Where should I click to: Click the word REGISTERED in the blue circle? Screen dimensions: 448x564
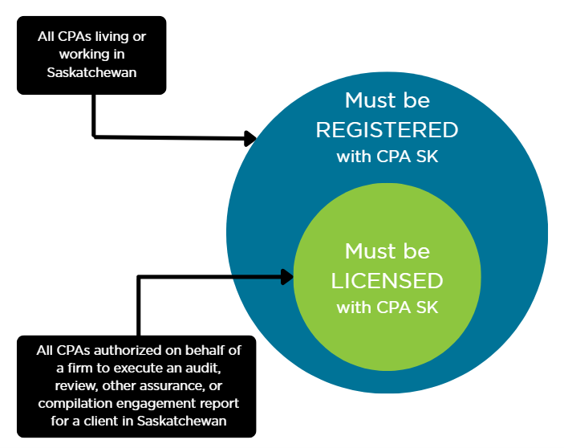(387, 130)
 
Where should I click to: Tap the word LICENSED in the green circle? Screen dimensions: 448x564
(387, 280)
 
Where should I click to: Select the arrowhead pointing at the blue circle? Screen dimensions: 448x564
(250, 138)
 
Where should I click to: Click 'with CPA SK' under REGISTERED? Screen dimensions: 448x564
(387, 157)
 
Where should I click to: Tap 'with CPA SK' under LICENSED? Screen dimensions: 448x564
(387, 307)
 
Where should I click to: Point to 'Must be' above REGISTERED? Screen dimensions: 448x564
(387, 101)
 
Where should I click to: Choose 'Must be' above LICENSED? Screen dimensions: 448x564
(387, 251)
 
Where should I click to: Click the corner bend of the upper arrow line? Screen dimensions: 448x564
(95, 136)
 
